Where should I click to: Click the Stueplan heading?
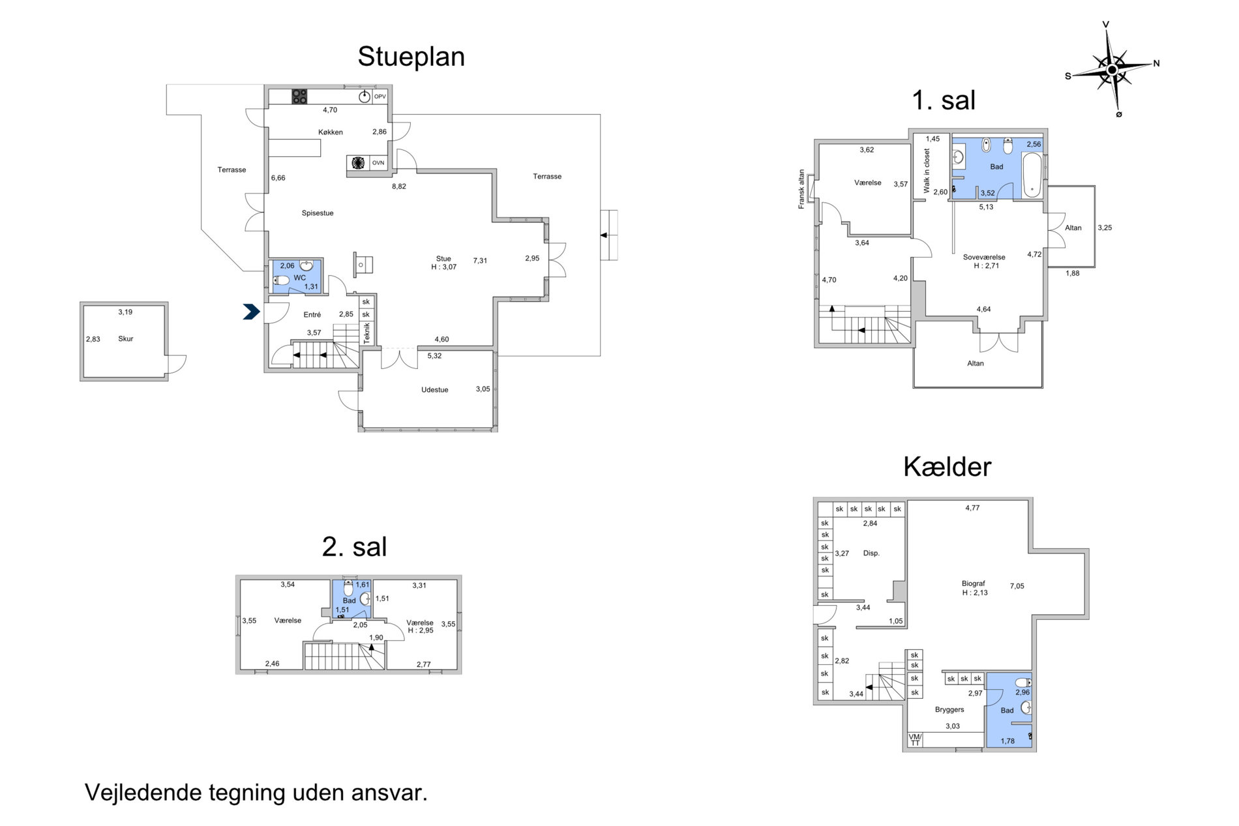click(x=411, y=57)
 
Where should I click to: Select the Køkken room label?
click(x=331, y=132)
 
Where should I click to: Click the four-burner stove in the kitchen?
click(x=299, y=96)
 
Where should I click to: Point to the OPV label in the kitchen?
click(x=380, y=97)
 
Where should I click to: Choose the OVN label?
click(x=378, y=163)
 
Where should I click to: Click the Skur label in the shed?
click(x=126, y=339)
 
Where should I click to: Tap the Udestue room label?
click(x=435, y=390)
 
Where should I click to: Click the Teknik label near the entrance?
click(x=367, y=334)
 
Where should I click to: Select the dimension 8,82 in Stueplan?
click(x=399, y=186)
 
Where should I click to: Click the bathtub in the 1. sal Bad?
click(x=1032, y=175)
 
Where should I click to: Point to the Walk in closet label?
click(x=927, y=171)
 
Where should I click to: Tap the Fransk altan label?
click(x=802, y=190)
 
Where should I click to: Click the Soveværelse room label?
click(x=984, y=257)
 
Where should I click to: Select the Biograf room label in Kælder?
click(x=974, y=584)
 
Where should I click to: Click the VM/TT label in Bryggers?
click(x=915, y=740)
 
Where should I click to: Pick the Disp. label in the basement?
click(x=871, y=553)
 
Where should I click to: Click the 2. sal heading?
click(x=354, y=547)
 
